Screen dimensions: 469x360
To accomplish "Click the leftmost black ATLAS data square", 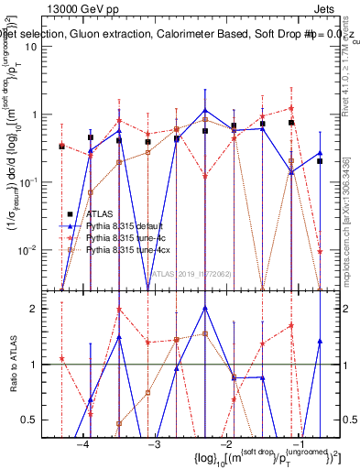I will point(61,146).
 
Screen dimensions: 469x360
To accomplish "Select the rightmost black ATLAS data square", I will point(320,160).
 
